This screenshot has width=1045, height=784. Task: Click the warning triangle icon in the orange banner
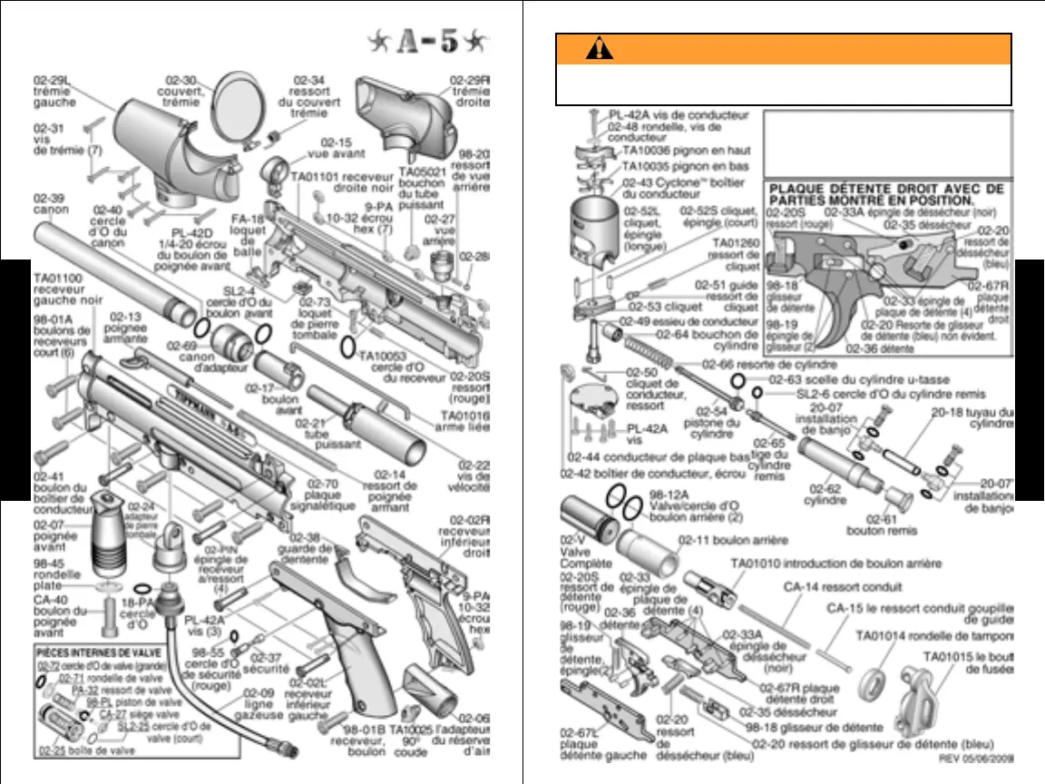click(x=593, y=51)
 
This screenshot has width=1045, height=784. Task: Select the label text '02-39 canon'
click(x=51, y=204)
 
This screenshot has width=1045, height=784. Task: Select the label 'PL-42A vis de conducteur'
click(x=679, y=115)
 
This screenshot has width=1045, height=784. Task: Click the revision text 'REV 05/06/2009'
click(x=974, y=757)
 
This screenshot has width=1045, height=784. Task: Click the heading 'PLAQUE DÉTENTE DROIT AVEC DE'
click(x=886, y=190)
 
